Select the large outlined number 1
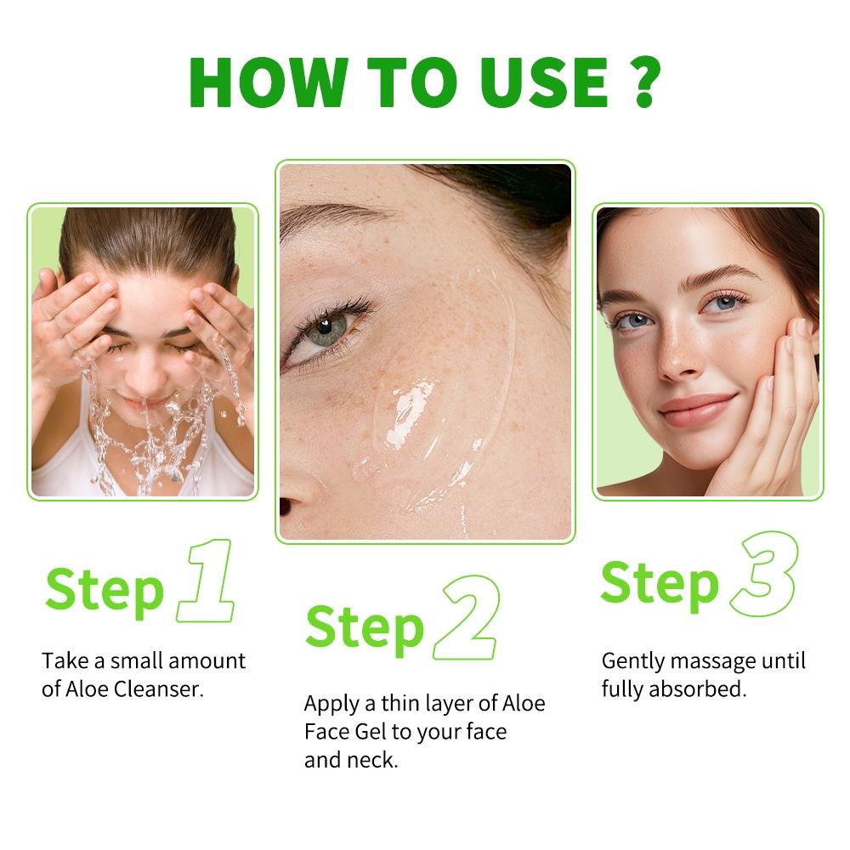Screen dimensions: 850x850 coord(206,580)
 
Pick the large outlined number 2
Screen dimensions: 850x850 coord(465,618)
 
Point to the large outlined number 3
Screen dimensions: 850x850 coord(765,574)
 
